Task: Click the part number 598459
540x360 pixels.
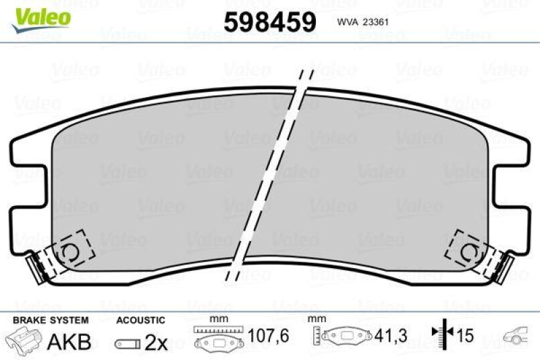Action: click(269, 22)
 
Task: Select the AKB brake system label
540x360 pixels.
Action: click(68, 342)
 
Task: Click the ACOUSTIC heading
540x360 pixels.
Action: click(140, 320)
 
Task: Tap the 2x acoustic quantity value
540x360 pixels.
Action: click(156, 342)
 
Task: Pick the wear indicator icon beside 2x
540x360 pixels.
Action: click(128, 343)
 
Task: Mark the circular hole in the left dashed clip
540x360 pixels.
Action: click(69, 251)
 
